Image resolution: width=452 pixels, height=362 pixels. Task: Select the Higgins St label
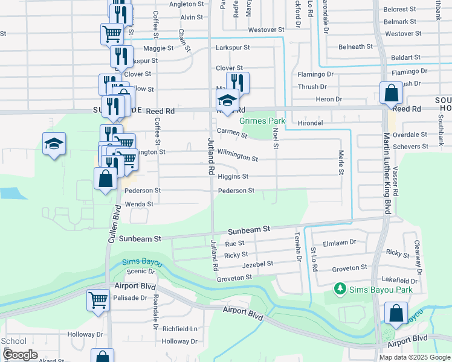(x=233, y=177)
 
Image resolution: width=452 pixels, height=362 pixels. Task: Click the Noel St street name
(x=276, y=138)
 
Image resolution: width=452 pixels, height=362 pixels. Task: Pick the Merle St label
(x=341, y=163)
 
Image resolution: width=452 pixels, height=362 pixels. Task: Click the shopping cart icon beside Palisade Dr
(x=98, y=299)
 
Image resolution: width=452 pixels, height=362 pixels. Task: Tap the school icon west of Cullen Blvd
(x=54, y=144)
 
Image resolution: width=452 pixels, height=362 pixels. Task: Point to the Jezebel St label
(x=258, y=264)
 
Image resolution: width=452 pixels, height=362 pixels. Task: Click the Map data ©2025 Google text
(x=414, y=357)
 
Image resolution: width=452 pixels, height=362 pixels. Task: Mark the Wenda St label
(x=139, y=205)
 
